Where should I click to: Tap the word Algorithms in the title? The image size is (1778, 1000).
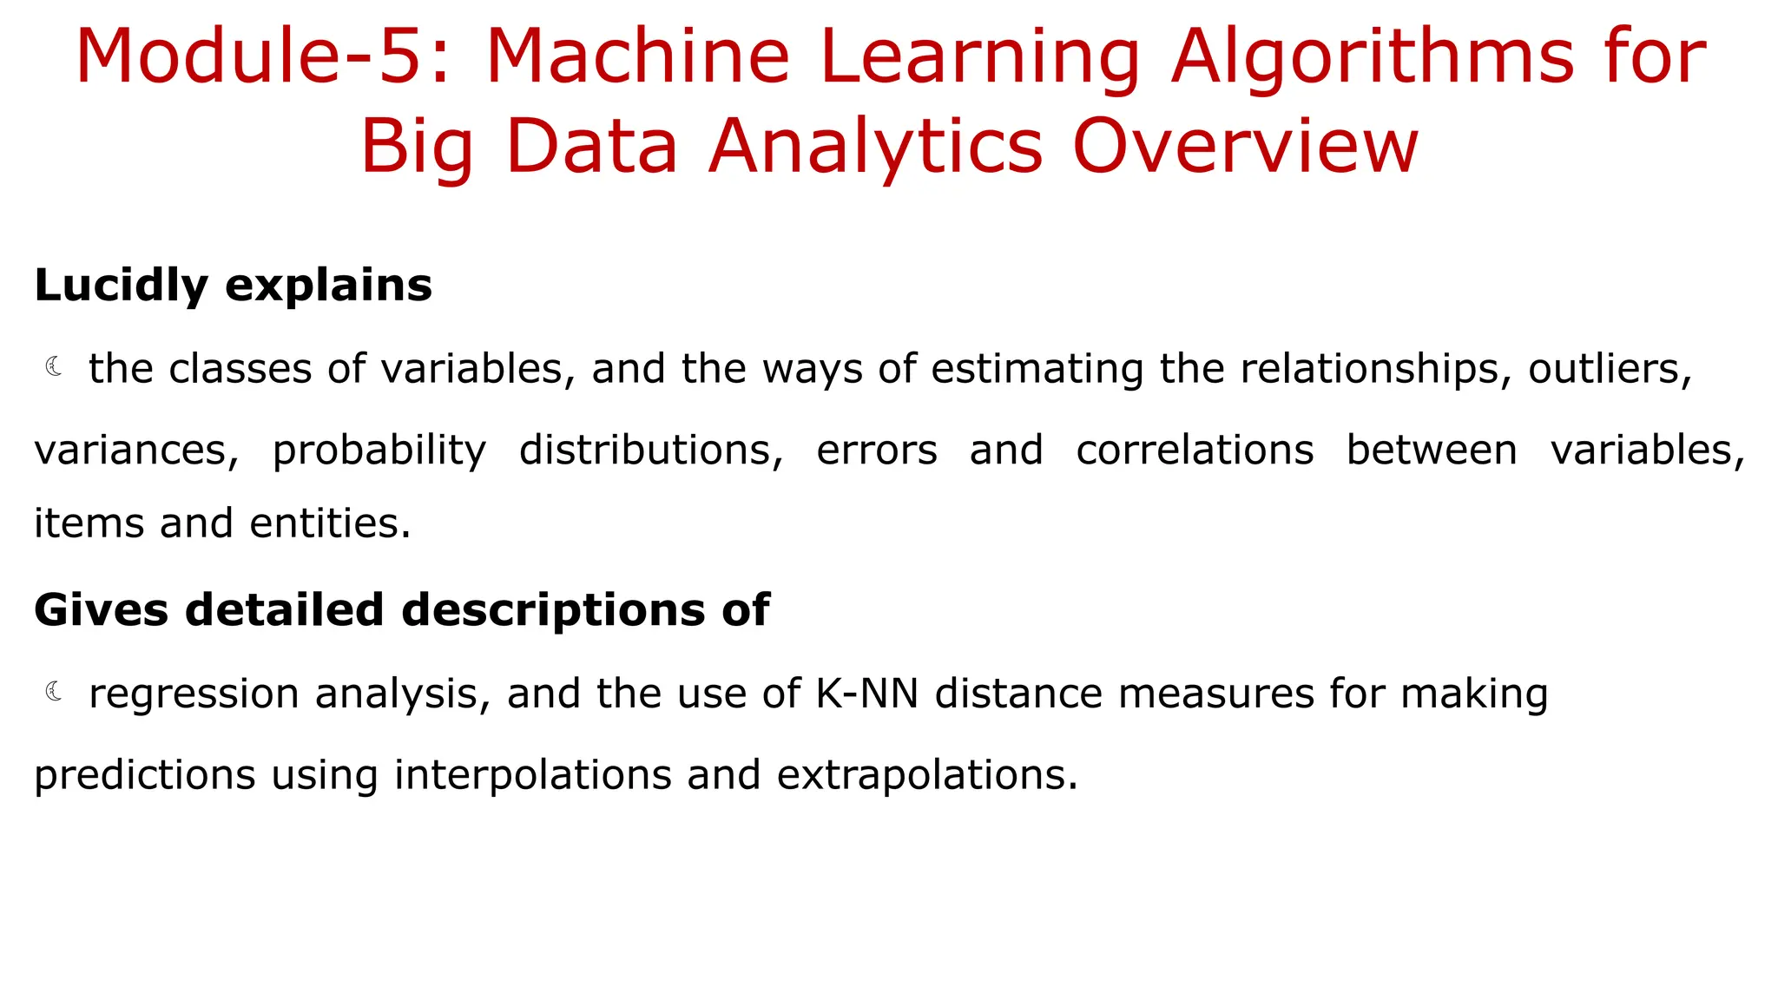pos(1372,57)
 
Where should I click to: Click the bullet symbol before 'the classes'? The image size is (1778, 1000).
pos(54,367)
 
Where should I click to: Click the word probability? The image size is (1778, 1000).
pos(379,451)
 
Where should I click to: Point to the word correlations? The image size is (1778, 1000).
pos(1195,450)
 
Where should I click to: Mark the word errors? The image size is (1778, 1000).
pos(877,450)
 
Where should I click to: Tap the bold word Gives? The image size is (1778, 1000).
pos(101,609)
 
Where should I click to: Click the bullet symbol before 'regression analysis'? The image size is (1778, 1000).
pos(54,692)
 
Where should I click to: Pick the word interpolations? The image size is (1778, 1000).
pos(532,775)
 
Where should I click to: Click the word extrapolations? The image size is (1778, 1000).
pos(926,775)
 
